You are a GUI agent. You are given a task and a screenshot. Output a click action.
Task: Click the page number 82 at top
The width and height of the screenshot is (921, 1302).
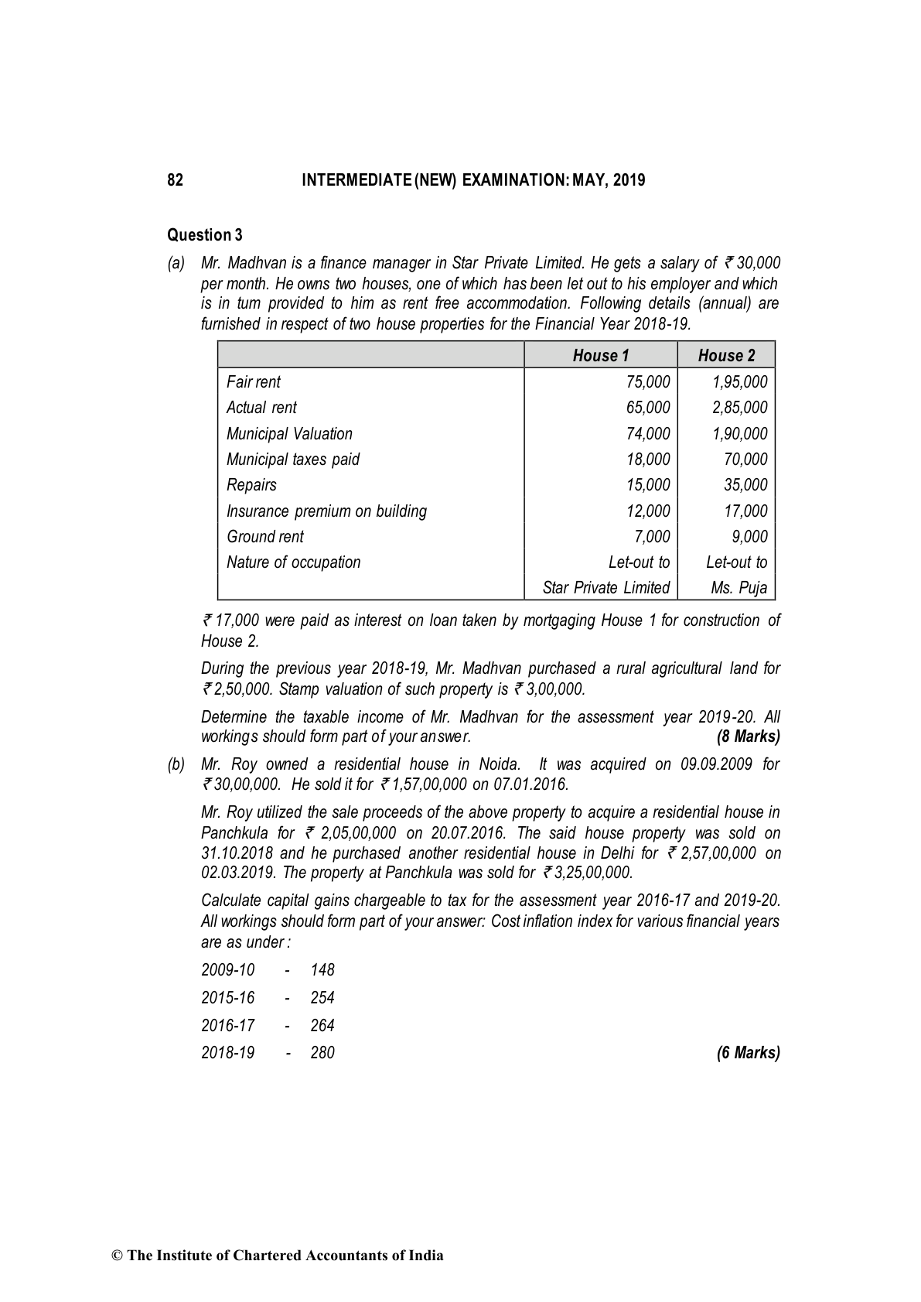[176, 180]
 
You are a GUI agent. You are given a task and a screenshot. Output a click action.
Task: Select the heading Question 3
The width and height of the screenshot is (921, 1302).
[205, 235]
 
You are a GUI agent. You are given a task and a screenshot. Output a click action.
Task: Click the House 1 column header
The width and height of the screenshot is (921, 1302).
[601, 356]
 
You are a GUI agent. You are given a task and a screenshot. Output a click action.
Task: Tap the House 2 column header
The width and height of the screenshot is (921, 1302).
[726, 356]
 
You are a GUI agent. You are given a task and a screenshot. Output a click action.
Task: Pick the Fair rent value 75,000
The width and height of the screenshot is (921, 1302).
[648, 382]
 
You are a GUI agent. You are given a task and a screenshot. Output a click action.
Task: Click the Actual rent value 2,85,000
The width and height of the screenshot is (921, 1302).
[739, 408]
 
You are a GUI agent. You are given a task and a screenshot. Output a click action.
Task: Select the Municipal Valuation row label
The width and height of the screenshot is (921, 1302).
[289, 434]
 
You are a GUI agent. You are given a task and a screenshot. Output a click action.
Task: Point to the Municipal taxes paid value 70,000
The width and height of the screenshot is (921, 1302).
[745, 460]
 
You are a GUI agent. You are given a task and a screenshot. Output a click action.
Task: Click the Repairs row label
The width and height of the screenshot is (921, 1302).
[251, 485]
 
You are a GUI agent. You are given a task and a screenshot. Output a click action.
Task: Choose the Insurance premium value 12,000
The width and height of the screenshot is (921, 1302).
[648, 511]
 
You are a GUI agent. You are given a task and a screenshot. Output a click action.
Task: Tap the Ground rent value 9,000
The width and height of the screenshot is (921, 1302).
[749, 537]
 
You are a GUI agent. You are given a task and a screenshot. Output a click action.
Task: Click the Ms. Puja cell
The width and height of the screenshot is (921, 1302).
[739, 588]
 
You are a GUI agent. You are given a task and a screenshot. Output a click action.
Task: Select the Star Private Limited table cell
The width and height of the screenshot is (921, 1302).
[605, 588]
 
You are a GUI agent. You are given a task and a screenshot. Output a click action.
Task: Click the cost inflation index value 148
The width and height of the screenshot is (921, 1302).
[322, 970]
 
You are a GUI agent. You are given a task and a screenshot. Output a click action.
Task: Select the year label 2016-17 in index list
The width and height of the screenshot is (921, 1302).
[227, 1026]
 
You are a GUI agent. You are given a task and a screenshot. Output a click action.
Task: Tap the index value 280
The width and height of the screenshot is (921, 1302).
[322, 1053]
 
